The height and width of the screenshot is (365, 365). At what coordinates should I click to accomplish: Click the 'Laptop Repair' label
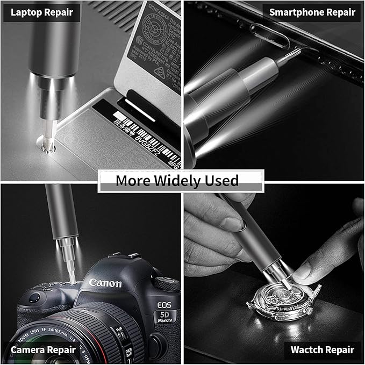tap(41, 12)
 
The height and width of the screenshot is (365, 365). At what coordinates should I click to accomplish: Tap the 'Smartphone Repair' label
tap(312, 12)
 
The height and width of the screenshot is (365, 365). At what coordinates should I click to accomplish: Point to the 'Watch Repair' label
tap(323, 349)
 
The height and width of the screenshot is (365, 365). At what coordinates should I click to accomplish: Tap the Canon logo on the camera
tap(105, 283)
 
